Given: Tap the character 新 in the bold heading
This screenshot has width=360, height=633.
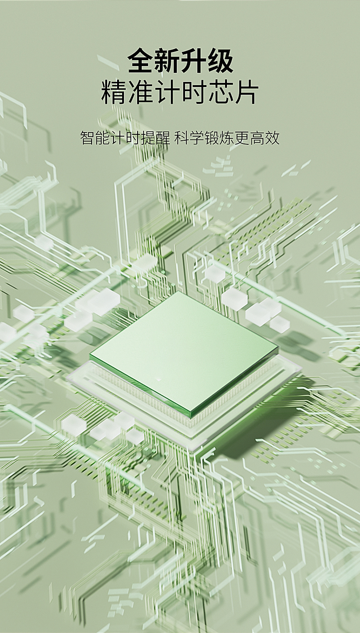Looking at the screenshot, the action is pos(167,61).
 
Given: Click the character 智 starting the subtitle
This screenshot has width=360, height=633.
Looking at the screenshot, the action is pos(87,138).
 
